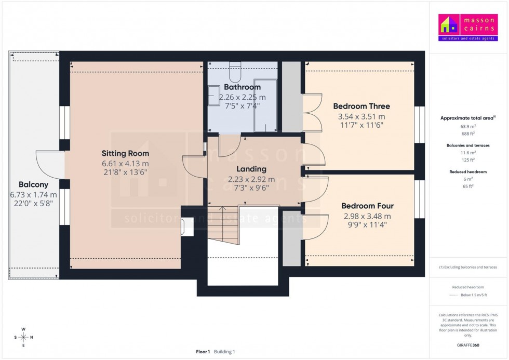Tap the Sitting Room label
[125, 153]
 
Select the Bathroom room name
[242, 87]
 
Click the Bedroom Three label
[361, 106]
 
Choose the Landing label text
[251, 169]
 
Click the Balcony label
[33, 184]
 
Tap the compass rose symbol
[23, 337]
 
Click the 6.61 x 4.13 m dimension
[125, 164]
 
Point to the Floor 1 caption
[203, 352]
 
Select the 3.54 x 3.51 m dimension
[361, 116]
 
